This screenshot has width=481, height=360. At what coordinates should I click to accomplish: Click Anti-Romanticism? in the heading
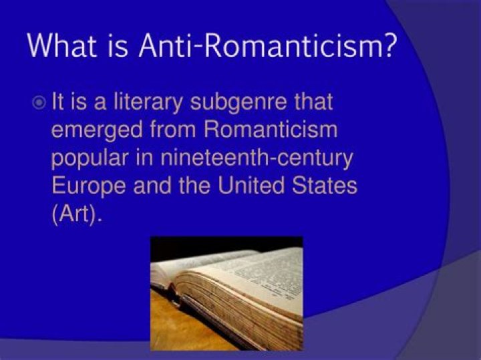click(x=266, y=45)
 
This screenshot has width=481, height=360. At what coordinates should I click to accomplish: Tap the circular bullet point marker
click(x=39, y=103)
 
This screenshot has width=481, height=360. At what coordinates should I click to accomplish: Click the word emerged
click(x=97, y=130)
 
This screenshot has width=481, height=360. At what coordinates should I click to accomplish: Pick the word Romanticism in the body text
click(x=271, y=129)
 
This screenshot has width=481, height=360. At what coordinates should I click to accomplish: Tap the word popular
click(x=90, y=158)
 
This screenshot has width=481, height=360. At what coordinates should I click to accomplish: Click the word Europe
click(x=88, y=186)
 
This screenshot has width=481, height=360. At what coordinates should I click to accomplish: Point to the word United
click(x=251, y=185)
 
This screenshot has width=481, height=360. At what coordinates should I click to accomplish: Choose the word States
click(x=325, y=185)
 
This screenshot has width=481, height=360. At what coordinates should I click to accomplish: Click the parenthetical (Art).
click(x=76, y=214)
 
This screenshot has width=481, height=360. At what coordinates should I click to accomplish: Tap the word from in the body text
click(x=173, y=129)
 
